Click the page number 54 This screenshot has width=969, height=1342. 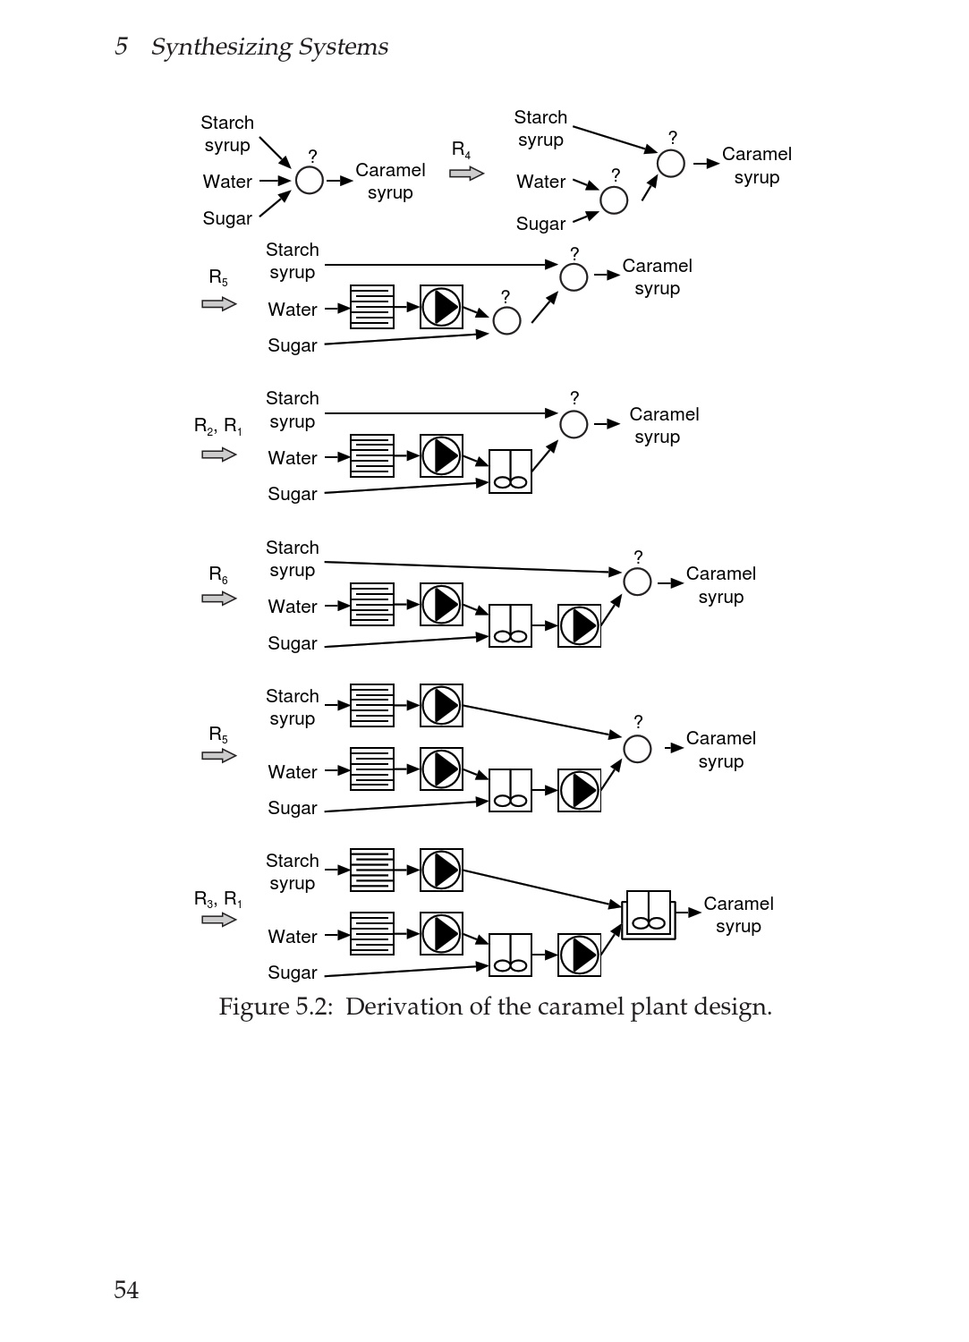click(126, 1289)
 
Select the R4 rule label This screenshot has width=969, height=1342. click(461, 149)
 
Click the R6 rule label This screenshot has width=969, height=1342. click(218, 574)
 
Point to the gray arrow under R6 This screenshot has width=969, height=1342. click(219, 599)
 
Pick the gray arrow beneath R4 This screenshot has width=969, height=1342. click(466, 173)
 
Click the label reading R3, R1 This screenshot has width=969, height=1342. click(218, 899)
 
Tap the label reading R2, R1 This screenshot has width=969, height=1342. click(218, 426)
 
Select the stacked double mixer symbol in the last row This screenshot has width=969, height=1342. click(649, 914)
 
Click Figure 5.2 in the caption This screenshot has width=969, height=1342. click(275, 1007)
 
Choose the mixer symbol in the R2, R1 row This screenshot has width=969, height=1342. click(510, 471)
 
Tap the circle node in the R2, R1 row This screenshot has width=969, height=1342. click(574, 424)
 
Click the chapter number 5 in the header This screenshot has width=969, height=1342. click(121, 47)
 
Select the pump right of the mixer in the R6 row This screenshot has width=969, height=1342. click(580, 625)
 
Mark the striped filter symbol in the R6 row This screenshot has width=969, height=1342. click(372, 604)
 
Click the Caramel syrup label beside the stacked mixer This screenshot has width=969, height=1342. click(738, 914)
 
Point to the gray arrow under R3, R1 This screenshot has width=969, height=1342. click(219, 920)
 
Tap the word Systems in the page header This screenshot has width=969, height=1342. click(344, 47)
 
